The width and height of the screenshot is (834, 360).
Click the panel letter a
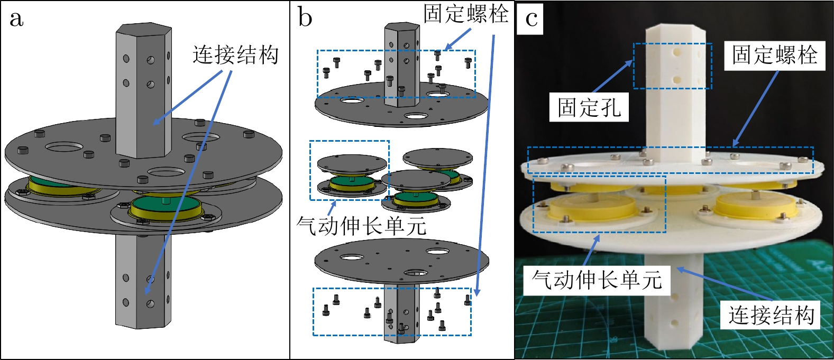(x=16, y=19)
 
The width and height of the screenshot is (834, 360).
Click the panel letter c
(x=531, y=19)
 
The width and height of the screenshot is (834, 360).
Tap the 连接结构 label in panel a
(x=235, y=55)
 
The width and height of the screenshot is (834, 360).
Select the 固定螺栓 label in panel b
(x=465, y=14)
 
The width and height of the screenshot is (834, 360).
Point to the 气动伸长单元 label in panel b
(x=361, y=226)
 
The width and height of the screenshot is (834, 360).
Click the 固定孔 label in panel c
(x=589, y=108)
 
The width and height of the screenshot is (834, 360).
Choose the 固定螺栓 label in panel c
(x=774, y=55)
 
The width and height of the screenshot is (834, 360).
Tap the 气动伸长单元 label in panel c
(x=597, y=280)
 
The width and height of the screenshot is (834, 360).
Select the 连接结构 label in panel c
(x=771, y=315)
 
